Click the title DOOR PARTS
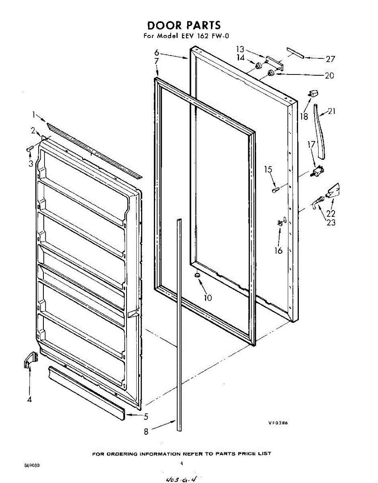[184, 25]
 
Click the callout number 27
[330, 60]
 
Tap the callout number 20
[329, 75]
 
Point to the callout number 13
[240, 49]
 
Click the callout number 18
[304, 116]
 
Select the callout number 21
[331, 111]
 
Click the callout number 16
[278, 250]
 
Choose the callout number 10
[208, 298]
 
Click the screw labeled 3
[29, 149]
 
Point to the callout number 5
[146, 417]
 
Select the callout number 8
[146, 431]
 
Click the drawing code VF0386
[279, 423]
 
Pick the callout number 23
[331, 222]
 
